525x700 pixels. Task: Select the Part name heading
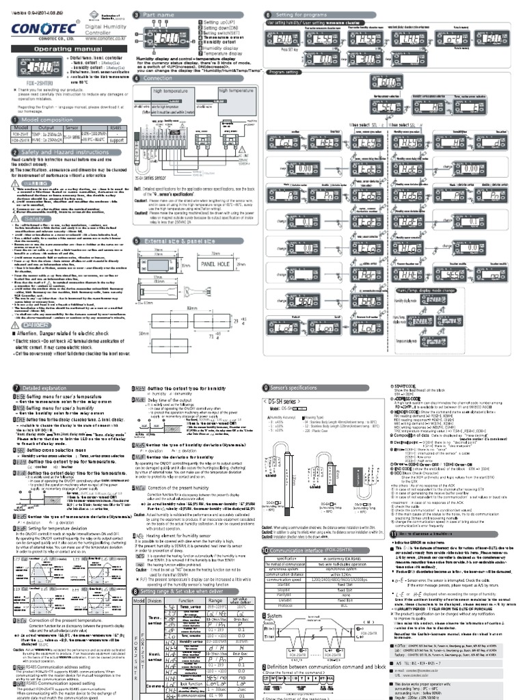[156, 14]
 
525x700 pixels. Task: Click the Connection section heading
[157, 79]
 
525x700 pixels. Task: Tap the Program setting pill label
[282, 72]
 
